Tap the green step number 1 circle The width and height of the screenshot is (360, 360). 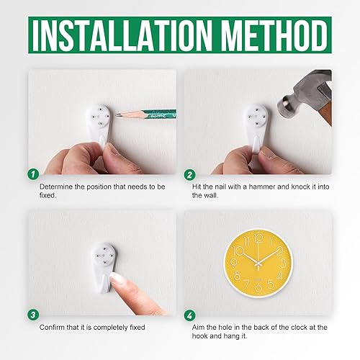[32, 174]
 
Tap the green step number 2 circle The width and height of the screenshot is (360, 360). [189, 174]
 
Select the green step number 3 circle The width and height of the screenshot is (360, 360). [32, 314]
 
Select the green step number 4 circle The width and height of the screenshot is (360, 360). [189, 314]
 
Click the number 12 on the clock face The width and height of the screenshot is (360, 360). [253, 233]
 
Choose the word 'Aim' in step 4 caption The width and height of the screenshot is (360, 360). [199, 328]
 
